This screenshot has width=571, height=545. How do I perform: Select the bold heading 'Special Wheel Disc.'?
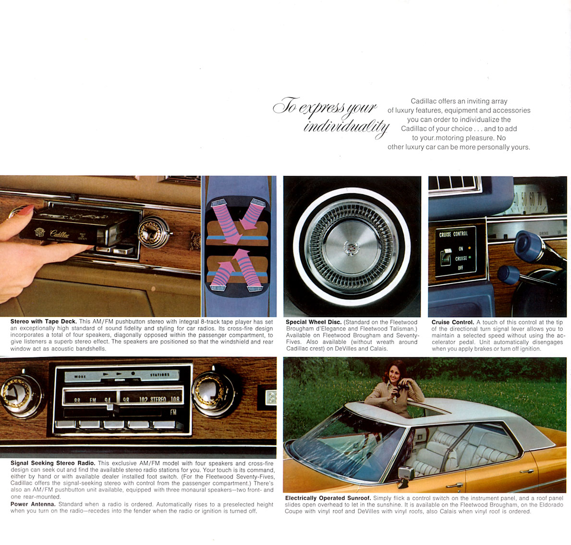314,322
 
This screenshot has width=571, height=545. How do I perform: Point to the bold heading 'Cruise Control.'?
453,322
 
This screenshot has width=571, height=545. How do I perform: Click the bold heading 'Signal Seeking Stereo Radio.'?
53,463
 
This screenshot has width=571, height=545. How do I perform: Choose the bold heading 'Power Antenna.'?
33,504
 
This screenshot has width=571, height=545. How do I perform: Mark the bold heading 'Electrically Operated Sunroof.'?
328,498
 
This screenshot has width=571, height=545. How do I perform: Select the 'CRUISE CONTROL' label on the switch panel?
453,234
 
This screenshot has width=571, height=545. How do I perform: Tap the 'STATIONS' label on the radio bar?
159,374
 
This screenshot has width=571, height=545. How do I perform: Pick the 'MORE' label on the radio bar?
80,376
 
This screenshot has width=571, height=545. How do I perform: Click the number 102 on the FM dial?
143,399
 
